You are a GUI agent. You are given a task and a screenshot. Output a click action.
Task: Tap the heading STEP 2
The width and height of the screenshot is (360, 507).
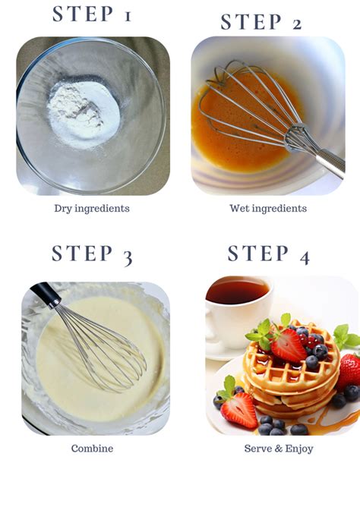pos(261,23)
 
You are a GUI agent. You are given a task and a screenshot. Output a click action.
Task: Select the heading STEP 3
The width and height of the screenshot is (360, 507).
pos(92,253)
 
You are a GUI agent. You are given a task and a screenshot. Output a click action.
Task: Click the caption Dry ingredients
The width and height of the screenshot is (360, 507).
pos(92,209)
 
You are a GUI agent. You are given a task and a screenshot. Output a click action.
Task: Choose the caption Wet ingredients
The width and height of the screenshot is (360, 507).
pos(268,209)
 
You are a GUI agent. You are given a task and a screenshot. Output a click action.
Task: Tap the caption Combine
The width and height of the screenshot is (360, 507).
pos(92,449)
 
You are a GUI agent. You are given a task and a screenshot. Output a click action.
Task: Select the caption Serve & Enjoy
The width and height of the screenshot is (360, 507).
pos(279,449)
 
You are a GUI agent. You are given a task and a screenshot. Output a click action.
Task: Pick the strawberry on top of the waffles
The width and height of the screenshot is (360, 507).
pos(289,345)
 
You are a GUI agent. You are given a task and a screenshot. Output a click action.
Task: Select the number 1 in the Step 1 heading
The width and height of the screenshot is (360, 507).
pos(126,14)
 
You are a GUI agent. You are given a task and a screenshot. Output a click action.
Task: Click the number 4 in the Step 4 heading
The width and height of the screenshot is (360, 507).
pos(304,256)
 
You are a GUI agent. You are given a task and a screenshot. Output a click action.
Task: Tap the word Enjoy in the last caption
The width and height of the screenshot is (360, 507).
pos(298,449)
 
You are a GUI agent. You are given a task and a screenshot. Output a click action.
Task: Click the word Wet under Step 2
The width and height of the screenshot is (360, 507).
pos(240,209)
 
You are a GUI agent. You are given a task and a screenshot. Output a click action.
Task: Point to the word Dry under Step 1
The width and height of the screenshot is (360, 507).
pos(63,209)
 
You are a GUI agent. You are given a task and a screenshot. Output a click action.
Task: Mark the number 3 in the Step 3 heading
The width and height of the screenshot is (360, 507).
pos(126,256)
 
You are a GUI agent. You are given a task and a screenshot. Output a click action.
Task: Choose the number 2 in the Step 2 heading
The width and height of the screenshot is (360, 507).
pos(295,24)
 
